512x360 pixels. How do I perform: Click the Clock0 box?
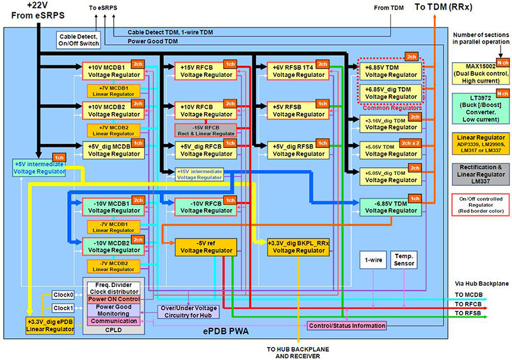(x=63, y=295)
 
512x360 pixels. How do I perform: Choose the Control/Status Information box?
(x=348, y=325)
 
